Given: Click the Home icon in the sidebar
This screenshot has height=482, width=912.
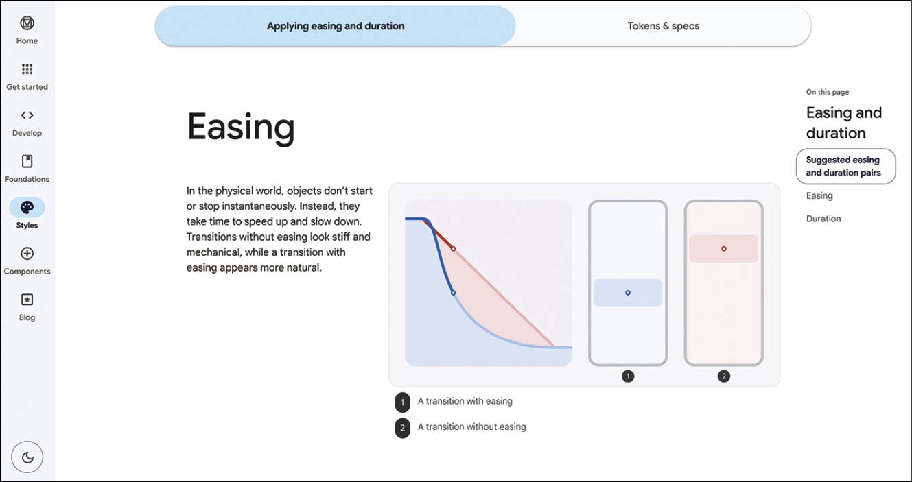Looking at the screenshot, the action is (27, 23).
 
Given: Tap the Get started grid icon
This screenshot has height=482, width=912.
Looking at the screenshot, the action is (27, 69).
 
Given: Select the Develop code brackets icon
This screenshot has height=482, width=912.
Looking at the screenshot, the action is (27, 115).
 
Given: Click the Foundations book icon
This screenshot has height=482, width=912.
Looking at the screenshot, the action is (27, 162).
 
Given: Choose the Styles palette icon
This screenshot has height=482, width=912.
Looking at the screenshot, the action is (27, 208).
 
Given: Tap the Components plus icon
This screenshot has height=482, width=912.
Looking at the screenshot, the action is (27, 254).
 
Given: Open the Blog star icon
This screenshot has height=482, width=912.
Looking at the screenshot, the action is (27, 300).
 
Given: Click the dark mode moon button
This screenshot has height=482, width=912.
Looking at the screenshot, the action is (27, 457).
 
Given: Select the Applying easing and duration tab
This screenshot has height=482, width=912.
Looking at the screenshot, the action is (336, 26).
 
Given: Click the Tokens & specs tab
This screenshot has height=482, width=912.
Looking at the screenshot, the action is (663, 26).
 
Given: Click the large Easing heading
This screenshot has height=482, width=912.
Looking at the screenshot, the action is (241, 128).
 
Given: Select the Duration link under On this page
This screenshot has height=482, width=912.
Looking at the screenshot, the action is (823, 219).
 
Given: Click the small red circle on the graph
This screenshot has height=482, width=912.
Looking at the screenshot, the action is (453, 248).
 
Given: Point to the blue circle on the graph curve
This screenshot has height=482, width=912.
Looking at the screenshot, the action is (453, 293).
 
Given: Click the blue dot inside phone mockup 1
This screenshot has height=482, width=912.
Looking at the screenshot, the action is (628, 293).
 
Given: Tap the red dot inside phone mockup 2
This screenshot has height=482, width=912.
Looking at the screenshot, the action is (723, 248).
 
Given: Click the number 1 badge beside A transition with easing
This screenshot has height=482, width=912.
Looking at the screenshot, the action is (402, 402).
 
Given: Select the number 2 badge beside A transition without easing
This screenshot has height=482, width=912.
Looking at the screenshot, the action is (402, 428).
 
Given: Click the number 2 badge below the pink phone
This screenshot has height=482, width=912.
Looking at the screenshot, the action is (723, 376).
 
